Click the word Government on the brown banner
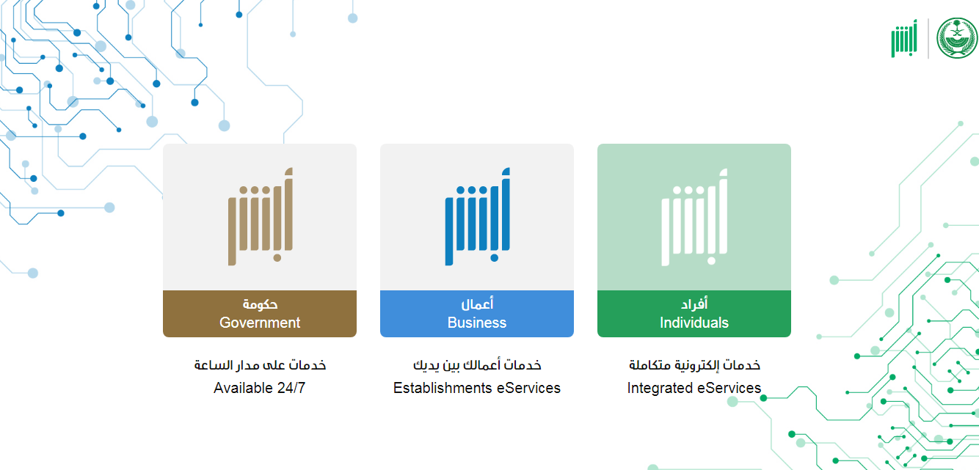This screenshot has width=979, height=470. pos(260,323)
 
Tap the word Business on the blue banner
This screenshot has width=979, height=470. pos(477,323)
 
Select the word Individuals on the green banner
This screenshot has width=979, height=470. pos(694,323)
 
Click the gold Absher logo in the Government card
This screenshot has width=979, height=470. pos(261,216)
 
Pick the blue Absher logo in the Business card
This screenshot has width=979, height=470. pos(478,216)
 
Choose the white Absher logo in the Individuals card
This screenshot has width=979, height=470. pos(695,217)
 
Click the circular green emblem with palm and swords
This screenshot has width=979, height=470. pos(957,38)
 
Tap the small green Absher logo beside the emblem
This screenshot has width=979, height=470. pos(904,38)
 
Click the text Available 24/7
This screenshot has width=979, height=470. pos(260,387)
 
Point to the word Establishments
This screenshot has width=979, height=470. pos(443,387)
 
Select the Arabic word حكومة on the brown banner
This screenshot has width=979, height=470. pos(260,304)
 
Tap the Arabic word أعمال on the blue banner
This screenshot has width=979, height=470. pos(477,303)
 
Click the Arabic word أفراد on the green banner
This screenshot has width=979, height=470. pos(694,303)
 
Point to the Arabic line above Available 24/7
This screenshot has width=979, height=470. pos(260,364)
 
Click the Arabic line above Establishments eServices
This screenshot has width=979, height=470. pos(477,364)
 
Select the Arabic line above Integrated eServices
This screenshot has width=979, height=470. pos(694,364)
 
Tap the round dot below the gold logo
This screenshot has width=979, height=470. pos(277,257)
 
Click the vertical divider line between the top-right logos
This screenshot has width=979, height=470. pos(928,38)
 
